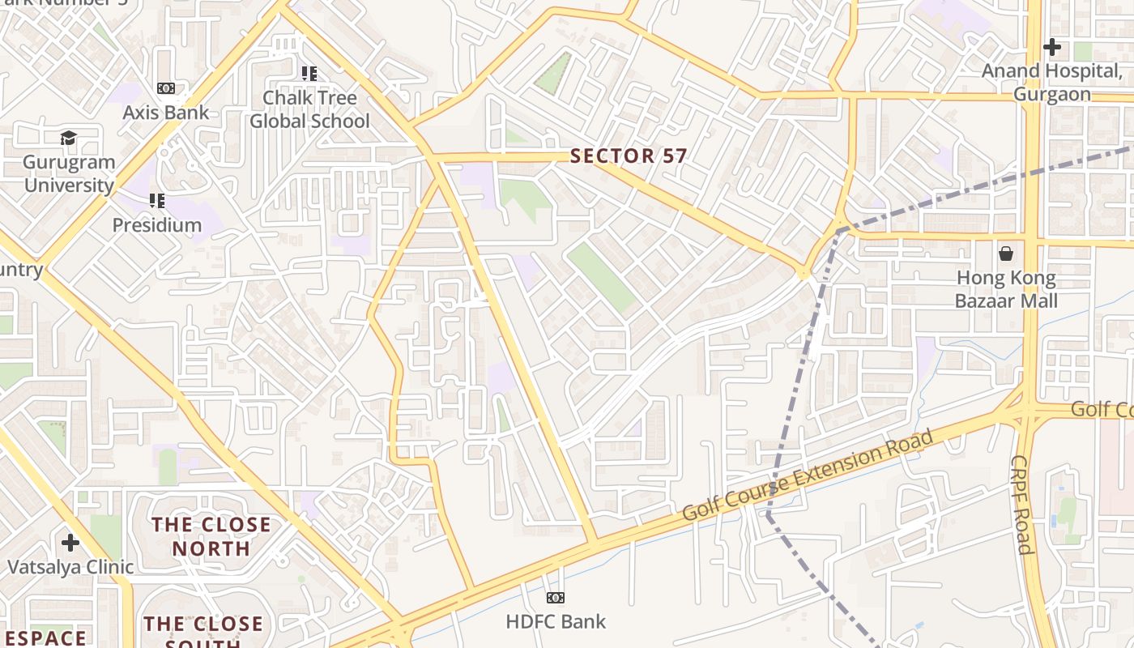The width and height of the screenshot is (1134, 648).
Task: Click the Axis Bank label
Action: click(x=165, y=113)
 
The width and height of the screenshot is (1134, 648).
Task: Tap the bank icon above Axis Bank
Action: click(x=165, y=87)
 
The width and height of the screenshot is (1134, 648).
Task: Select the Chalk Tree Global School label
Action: click(x=309, y=109)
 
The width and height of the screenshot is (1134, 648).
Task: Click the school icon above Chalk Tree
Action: click(x=309, y=74)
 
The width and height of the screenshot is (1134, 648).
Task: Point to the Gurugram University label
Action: click(x=69, y=173)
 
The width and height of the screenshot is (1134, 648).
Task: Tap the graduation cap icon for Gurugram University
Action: click(x=69, y=139)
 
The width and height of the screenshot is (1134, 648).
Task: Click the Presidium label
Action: click(x=157, y=224)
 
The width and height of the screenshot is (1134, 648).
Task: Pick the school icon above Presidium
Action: click(x=157, y=200)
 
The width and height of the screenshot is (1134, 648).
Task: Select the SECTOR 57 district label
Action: click(x=629, y=156)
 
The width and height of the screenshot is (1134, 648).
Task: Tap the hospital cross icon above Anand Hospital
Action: click(x=1051, y=47)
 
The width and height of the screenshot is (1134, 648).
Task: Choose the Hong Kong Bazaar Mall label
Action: click(x=1006, y=289)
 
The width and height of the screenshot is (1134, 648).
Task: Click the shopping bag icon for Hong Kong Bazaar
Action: click(x=1006, y=254)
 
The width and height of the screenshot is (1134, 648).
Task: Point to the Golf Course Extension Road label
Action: click(x=808, y=475)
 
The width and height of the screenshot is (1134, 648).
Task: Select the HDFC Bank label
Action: click(x=556, y=622)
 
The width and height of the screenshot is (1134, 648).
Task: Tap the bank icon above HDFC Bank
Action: click(x=556, y=598)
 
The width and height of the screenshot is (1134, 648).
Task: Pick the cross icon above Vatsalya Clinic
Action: click(x=70, y=542)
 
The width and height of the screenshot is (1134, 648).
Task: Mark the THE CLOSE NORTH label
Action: click(x=212, y=536)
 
